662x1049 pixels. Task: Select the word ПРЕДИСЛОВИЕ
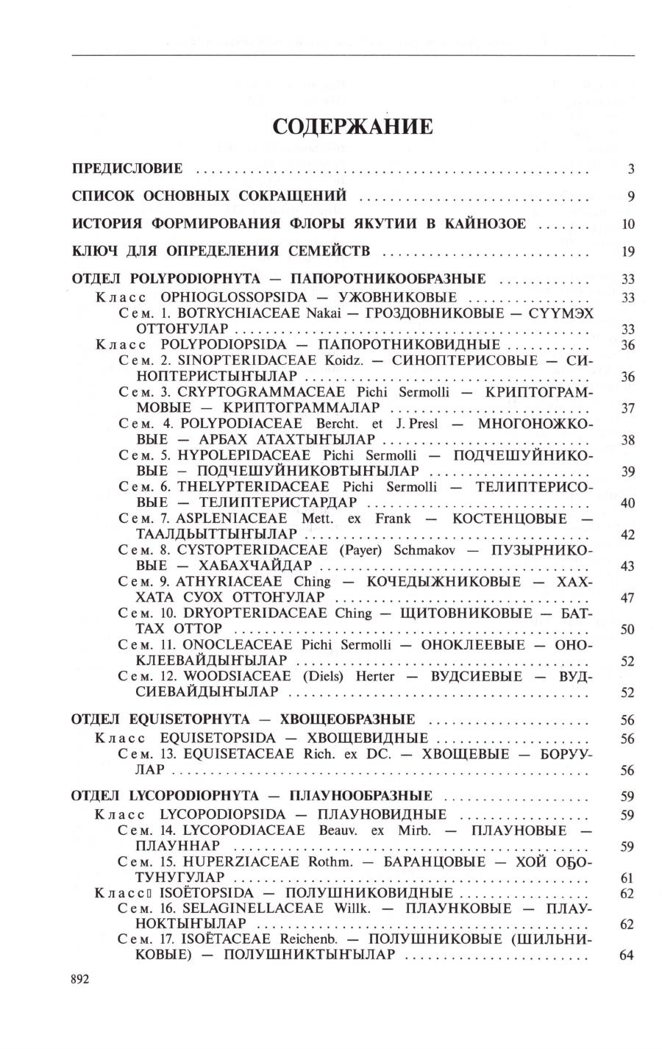127,169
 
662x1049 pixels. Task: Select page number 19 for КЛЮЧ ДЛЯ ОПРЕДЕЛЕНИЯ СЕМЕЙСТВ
627,252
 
